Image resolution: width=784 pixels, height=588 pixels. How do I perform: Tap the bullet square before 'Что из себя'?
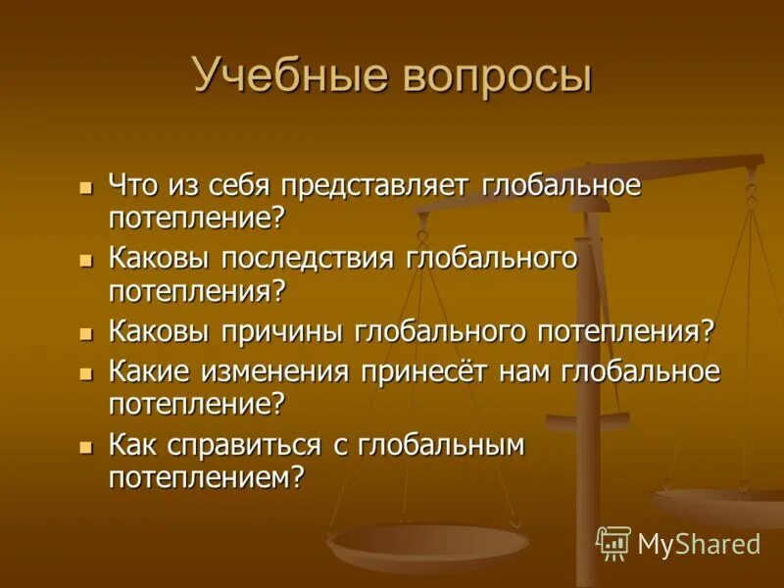click(85, 185)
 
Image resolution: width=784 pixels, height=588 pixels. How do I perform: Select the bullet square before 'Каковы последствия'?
click(85, 259)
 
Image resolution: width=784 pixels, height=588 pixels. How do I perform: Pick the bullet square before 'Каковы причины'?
click(85, 331)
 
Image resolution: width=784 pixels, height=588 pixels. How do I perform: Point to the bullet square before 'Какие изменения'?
click(85, 373)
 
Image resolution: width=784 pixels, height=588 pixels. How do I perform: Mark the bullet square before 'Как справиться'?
click(85, 446)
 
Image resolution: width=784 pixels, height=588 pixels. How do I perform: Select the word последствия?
click(311, 259)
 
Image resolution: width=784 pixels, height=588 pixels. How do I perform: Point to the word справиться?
click(258, 446)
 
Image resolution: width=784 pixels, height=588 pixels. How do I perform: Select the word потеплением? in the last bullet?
click(207, 477)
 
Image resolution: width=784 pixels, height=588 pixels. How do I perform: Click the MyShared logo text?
click(699, 544)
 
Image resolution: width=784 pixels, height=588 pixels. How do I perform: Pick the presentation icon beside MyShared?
click(613, 542)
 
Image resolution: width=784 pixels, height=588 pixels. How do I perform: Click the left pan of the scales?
click(427, 541)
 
